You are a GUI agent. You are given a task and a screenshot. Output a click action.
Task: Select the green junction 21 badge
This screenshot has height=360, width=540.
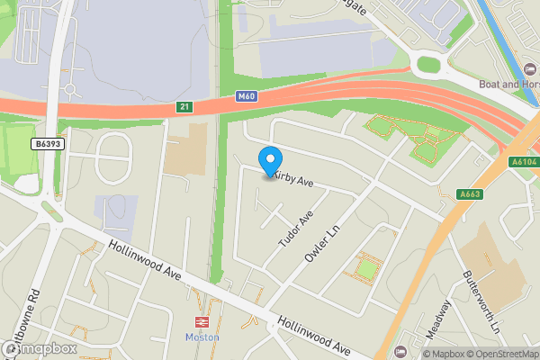pos(184,107)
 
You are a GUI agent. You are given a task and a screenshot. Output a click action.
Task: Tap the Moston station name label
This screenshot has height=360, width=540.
pos(202,337)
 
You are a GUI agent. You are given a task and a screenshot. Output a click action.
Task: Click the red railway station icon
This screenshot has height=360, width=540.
pos(202,321)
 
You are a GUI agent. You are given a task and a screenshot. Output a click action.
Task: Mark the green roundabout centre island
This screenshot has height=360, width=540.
pos(428,64)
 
